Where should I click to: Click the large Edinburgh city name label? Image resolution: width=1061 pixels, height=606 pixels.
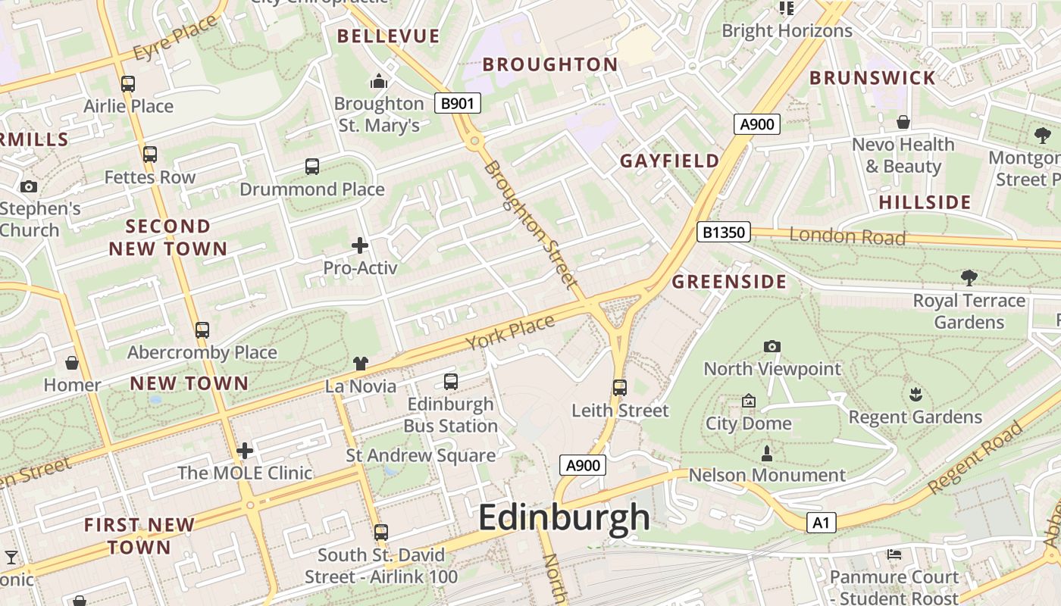564,518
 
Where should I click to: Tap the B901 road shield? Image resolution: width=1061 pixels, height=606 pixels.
458,103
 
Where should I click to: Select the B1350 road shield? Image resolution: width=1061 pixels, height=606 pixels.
723,232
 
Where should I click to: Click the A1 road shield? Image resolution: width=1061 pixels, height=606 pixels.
822,522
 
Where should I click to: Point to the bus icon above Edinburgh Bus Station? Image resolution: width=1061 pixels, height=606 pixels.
451,381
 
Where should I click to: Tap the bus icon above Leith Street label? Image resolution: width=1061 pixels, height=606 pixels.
620,388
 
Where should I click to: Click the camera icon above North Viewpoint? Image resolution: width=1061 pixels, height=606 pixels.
772,346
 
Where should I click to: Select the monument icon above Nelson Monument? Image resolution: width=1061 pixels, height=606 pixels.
767,454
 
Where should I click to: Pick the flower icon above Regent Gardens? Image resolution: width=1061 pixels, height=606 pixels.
915,394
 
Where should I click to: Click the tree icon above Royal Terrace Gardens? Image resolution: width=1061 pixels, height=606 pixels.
969,277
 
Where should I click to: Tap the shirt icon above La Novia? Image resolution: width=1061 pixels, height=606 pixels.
361,364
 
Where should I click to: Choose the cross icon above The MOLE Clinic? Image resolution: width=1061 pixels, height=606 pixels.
245,451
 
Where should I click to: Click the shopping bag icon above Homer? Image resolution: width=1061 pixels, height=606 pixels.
72,363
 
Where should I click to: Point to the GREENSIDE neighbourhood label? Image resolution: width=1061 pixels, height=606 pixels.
729,282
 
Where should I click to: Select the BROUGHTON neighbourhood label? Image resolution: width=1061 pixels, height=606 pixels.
550,64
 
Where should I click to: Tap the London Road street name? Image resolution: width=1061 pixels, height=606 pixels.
847,236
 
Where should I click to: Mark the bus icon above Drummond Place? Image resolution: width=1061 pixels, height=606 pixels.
312,167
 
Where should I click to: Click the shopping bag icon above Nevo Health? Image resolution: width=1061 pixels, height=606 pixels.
903,122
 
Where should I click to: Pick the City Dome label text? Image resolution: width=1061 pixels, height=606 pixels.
749,423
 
